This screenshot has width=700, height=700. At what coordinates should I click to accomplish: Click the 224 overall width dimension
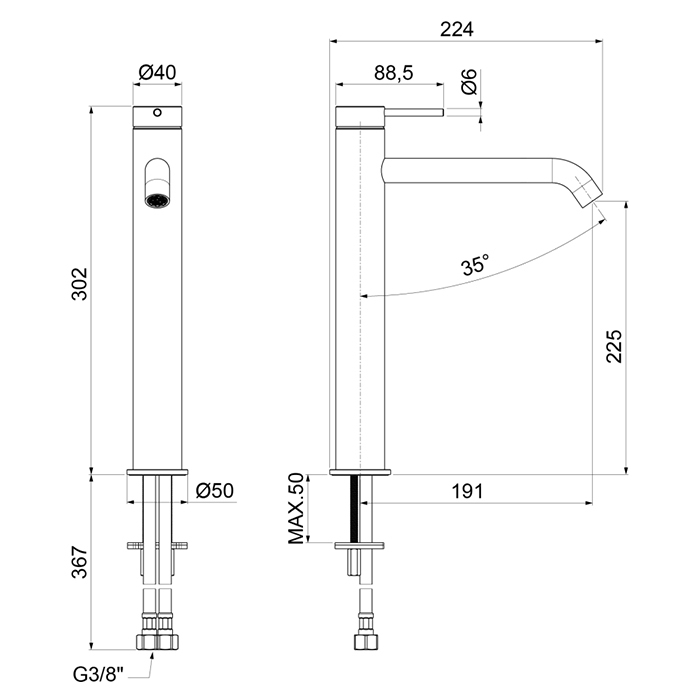(456, 29)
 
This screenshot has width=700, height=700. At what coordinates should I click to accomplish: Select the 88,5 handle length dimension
(393, 73)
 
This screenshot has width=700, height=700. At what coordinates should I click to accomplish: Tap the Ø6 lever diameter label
(469, 82)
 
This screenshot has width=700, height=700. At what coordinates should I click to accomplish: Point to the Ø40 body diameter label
(157, 72)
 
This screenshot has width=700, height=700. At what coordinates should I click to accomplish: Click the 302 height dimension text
(80, 284)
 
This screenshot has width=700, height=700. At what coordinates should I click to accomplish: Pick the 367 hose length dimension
(80, 562)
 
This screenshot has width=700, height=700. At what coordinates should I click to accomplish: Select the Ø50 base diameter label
(214, 491)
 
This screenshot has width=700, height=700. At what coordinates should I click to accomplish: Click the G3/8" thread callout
(98, 675)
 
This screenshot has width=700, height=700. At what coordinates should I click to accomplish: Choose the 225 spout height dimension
(614, 346)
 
